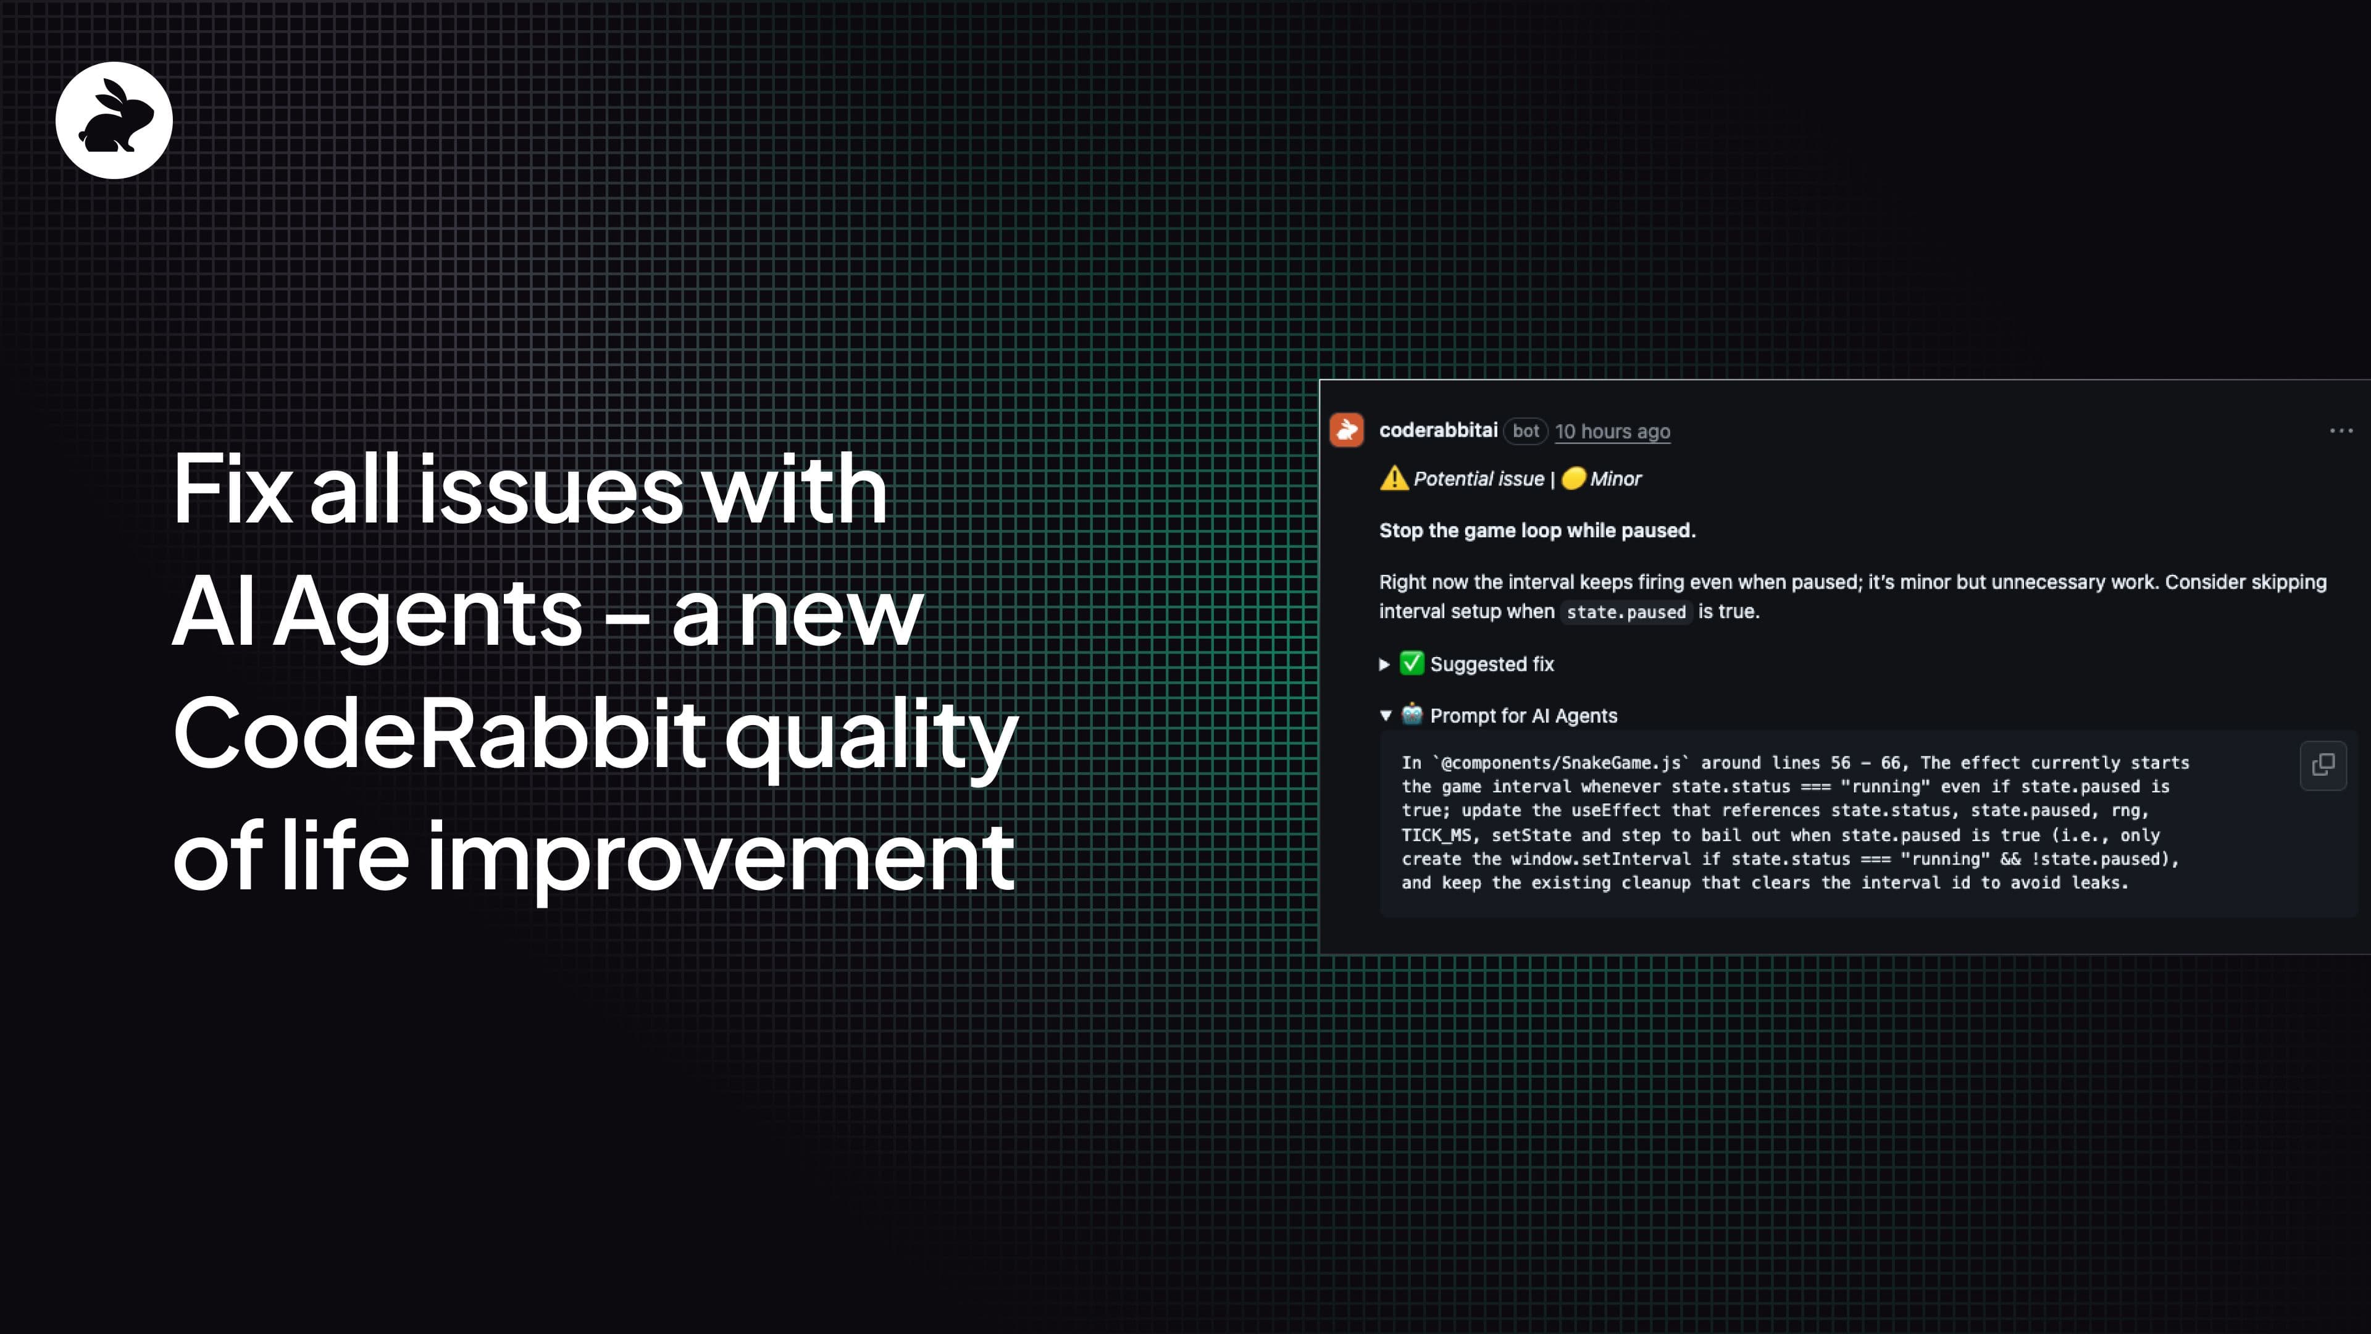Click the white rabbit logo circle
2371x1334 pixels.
pyautogui.click(x=114, y=120)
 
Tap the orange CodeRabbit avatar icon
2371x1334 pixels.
pyautogui.click(x=1347, y=430)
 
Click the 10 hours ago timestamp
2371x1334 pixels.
pyautogui.click(x=1613, y=431)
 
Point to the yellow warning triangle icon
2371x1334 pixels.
pyautogui.click(x=1394, y=479)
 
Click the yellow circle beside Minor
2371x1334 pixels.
pyautogui.click(x=1574, y=478)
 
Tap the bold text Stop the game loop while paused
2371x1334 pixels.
pyautogui.click(x=1537, y=531)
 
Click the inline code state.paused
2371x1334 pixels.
pyautogui.click(x=1626, y=612)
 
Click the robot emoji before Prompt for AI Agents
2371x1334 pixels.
pyautogui.click(x=1412, y=715)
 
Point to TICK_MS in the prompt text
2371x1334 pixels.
pyautogui.click(x=1436, y=835)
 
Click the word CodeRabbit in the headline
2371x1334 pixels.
pyautogui.click(x=440, y=734)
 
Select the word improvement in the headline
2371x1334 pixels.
pyautogui.click(x=721, y=856)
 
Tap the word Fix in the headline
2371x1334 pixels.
pyautogui.click(x=233, y=489)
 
